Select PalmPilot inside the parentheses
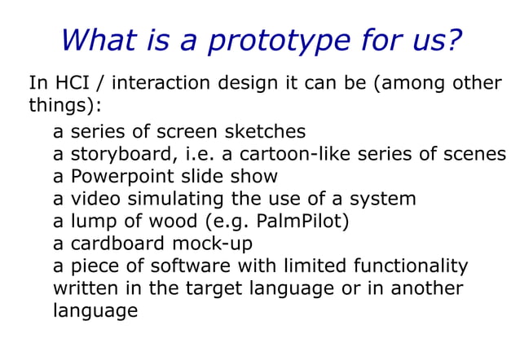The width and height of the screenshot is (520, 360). tap(302, 221)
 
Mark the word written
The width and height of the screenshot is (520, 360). tap(82, 288)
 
